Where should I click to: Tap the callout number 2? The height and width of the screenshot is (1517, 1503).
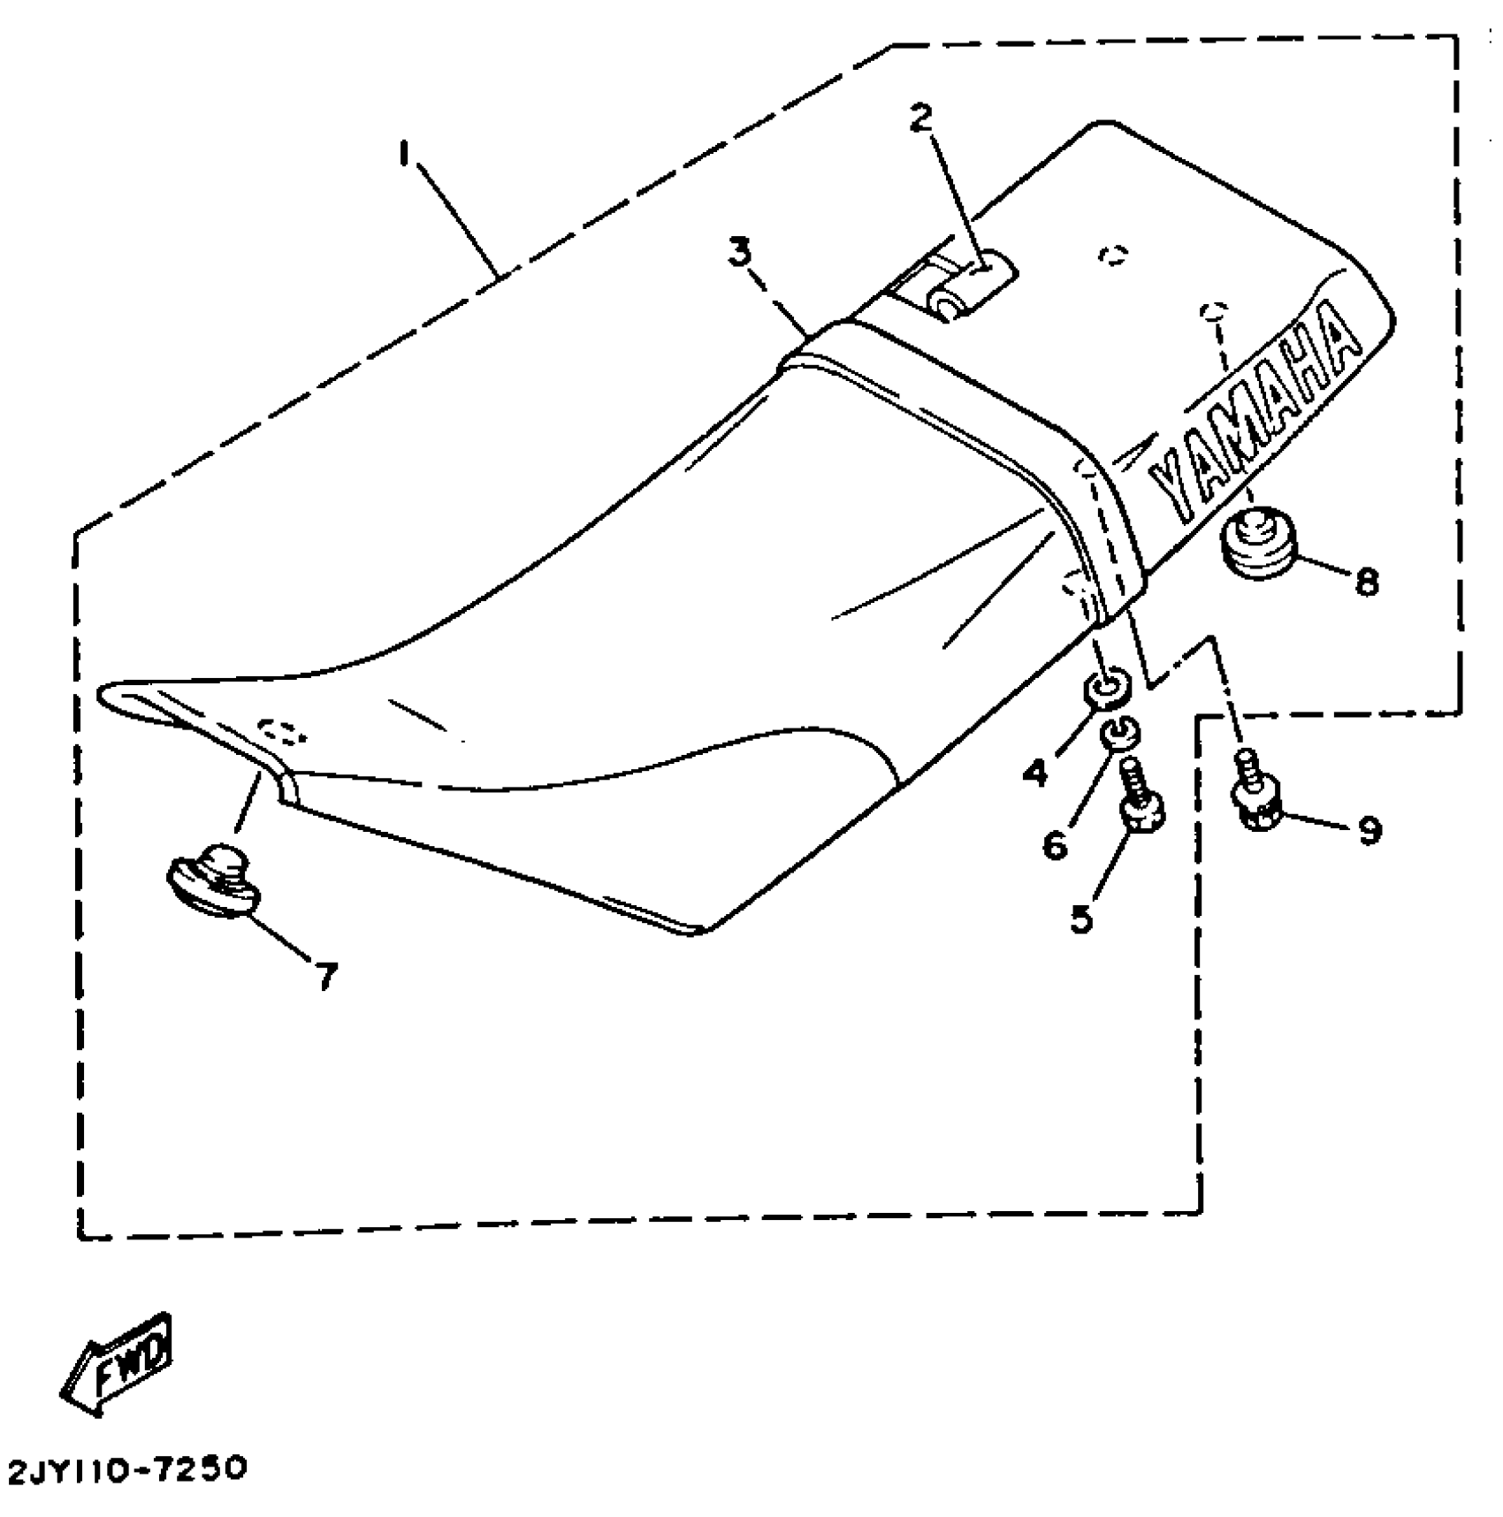click(x=922, y=118)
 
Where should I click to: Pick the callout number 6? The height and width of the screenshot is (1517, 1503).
click(x=1054, y=846)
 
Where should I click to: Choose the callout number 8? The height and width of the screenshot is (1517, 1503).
click(x=1367, y=582)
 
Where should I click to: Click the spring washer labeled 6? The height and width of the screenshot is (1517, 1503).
click(x=1119, y=732)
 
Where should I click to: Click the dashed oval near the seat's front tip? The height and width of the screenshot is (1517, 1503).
click(x=281, y=731)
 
